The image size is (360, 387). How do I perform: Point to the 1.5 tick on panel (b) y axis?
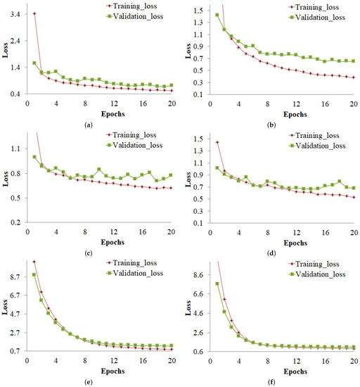point(198,11)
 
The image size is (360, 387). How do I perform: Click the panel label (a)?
point(87,124)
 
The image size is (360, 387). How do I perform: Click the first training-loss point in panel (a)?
point(34,13)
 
